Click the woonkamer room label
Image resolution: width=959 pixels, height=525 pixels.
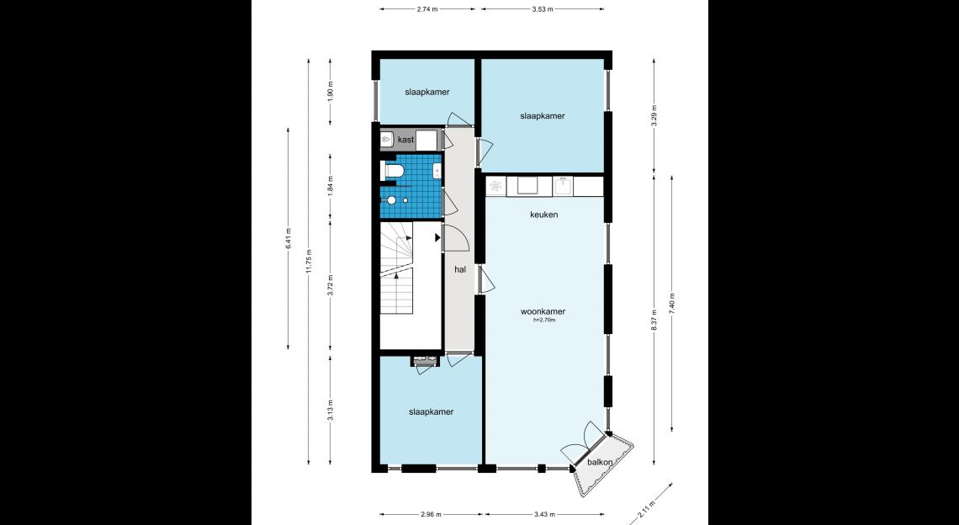543,311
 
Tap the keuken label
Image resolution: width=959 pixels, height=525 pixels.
543,215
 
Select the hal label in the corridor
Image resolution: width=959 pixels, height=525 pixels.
460,269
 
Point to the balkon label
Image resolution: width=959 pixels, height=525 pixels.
600,463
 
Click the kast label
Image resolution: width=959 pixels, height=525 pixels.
406,140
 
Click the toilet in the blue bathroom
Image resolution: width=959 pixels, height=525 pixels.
391,171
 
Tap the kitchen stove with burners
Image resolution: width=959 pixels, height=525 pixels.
496,185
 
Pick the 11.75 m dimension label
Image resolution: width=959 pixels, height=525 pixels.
310,262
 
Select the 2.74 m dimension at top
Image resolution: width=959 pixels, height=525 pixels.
427,9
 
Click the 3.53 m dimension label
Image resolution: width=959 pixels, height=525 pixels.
543,9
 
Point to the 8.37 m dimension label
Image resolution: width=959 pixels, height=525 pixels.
654,320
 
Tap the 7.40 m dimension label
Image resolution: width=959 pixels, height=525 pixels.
672,304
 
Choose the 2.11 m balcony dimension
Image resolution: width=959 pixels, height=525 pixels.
646,509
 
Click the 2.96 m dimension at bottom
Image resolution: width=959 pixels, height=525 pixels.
431,515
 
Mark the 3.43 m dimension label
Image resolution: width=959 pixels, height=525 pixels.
540,515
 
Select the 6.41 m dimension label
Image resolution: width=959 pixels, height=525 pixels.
289,238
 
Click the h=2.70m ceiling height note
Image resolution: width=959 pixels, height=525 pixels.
543,320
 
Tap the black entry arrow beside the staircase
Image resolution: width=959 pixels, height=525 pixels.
438,236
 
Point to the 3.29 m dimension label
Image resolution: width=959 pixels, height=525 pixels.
654,116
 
